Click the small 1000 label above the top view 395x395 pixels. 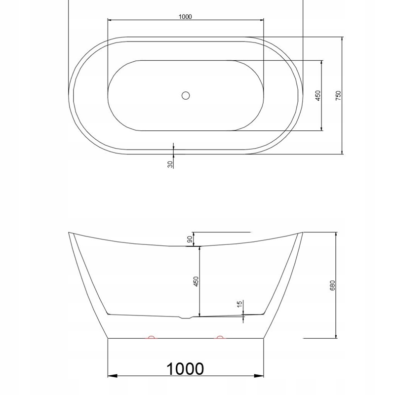point(185,16)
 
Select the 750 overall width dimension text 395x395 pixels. point(338,95)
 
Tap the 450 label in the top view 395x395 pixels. point(318,95)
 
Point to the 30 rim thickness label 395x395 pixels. point(170,164)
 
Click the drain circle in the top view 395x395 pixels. point(186,95)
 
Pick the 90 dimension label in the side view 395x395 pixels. point(190,239)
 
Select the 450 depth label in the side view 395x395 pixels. point(196,281)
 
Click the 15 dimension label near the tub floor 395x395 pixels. point(240,305)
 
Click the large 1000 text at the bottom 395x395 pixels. point(185,369)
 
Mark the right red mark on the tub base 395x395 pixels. point(220,338)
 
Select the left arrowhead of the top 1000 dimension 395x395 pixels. point(110,20)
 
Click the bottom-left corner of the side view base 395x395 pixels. point(108,339)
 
